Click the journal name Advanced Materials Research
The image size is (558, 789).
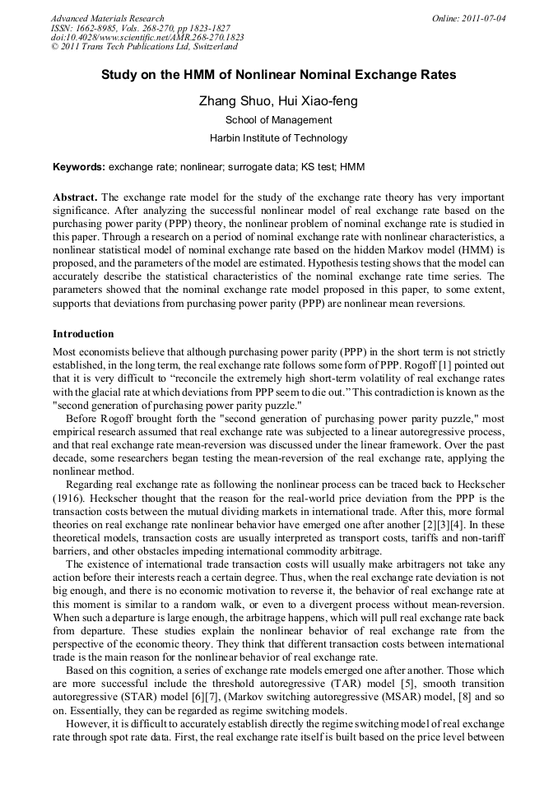pyautogui.click(x=107, y=18)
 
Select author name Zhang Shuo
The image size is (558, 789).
pyautogui.click(x=232, y=102)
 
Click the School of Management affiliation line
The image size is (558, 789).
pyautogui.click(x=278, y=120)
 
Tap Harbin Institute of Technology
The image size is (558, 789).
pyautogui.click(x=278, y=138)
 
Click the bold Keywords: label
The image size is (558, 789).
pyautogui.click(x=79, y=167)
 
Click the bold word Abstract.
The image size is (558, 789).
pyautogui.click(x=76, y=199)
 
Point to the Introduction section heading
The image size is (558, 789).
pyautogui.click(x=83, y=334)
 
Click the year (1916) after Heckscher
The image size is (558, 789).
pyautogui.click(x=70, y=499)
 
